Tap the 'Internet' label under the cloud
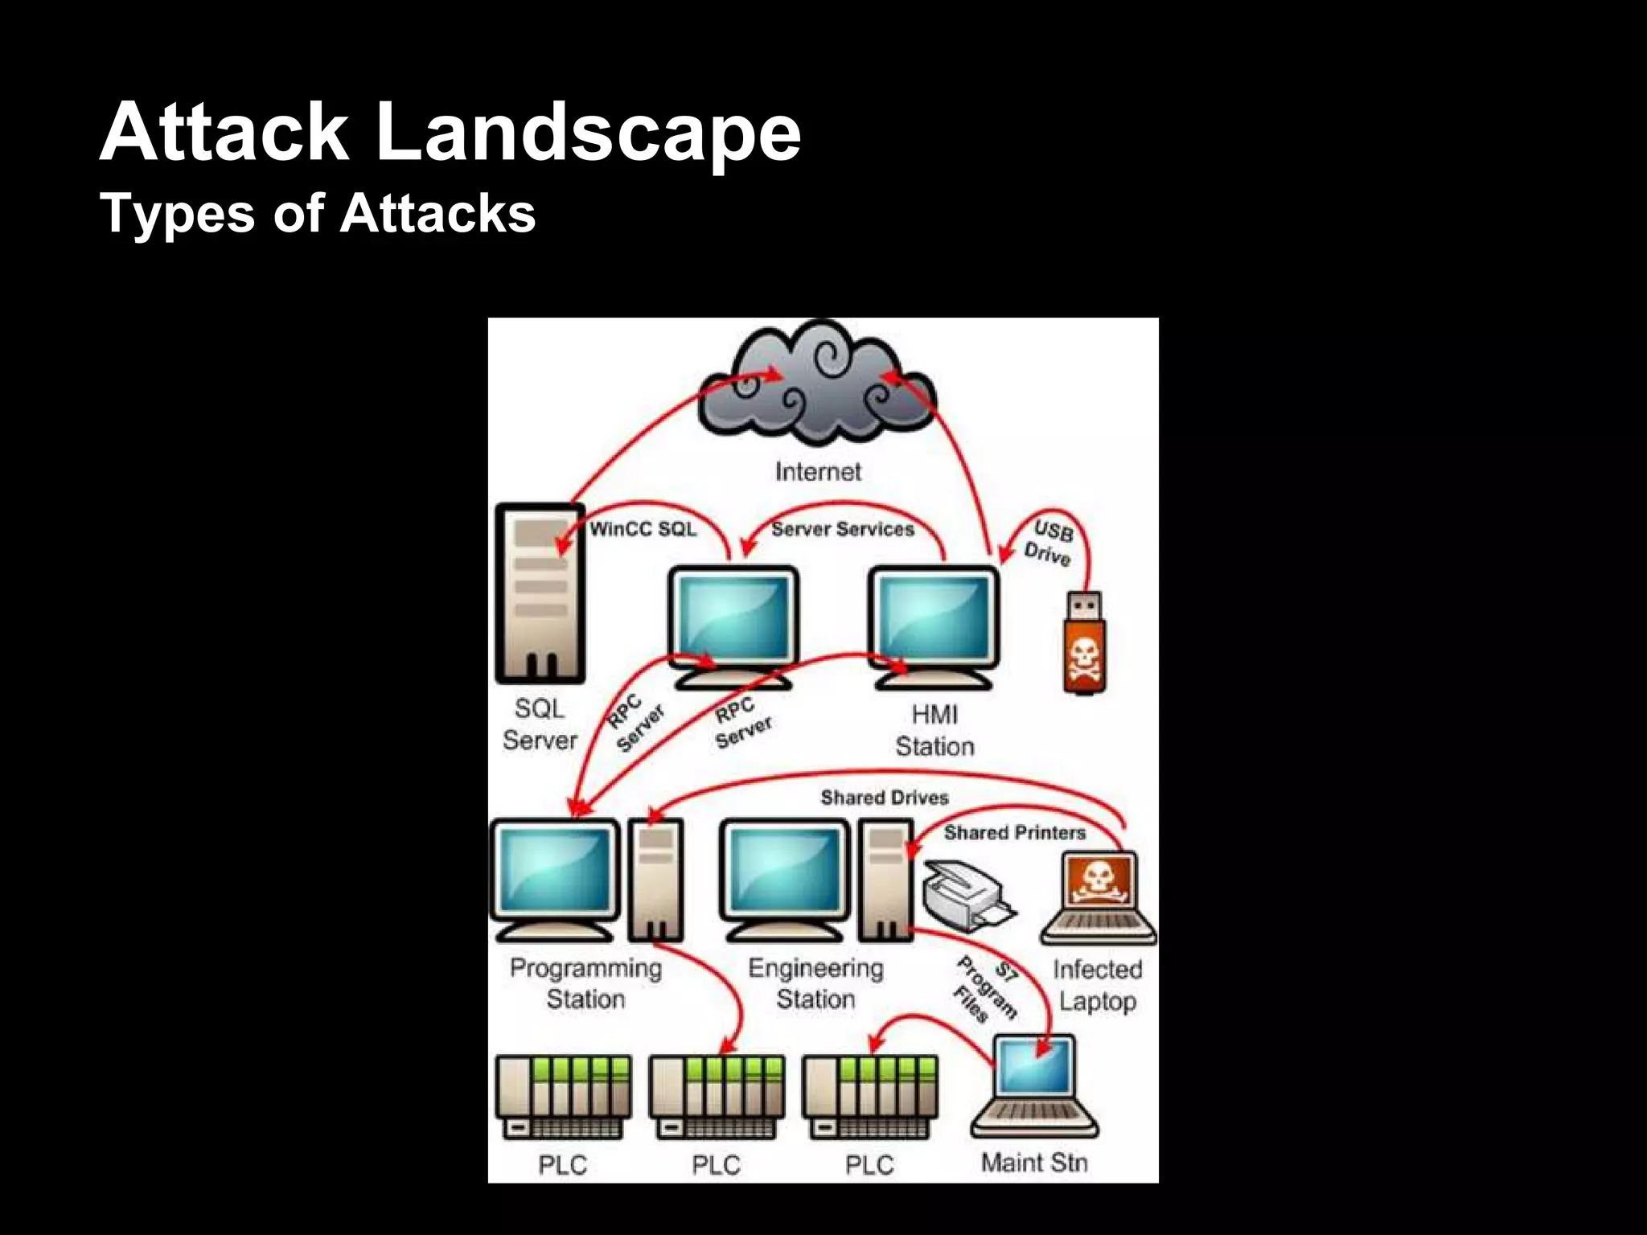818,472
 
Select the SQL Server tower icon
540,593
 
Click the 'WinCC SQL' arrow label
643,529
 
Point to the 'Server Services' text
842,529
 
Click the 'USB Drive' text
1049,544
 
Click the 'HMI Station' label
934,730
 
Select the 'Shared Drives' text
885,798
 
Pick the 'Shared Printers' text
1014,833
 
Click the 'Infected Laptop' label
1097,986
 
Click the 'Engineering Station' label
815,983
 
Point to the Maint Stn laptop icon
1033,1085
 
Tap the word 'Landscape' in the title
588,132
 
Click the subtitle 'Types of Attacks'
318,214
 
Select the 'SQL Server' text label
540,724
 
